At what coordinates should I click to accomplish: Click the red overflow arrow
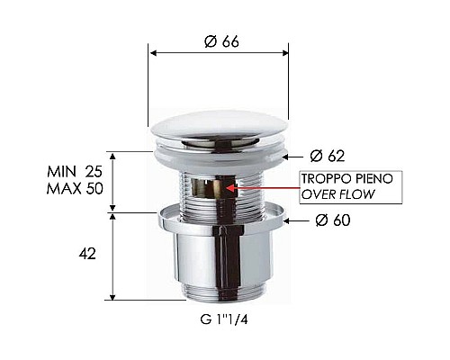pyautogui.click(x=270, y=188)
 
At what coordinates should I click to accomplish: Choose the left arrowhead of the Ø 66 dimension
pyautogui.click(x=153, y=52)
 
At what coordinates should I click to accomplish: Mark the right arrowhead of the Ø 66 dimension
pyautogui.click(x=285, y=52)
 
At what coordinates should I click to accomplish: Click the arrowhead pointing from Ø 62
pyautogui.click(x=290, y=155)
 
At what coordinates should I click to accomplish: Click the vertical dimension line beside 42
pyautogui.click(x=112, y=256)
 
